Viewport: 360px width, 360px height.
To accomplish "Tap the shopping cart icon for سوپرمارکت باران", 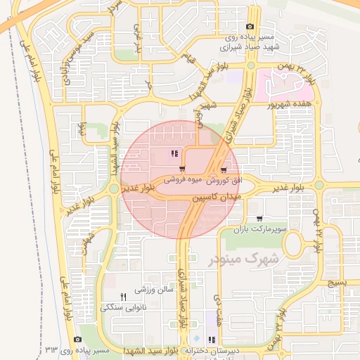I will (260, 219).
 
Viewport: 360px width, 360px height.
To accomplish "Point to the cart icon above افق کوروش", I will (224, 169).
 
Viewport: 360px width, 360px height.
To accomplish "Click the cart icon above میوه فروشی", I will (183, 169).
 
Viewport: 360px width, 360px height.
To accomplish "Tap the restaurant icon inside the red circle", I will (174, 154).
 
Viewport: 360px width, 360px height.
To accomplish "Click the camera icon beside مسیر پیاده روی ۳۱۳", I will (78, 340).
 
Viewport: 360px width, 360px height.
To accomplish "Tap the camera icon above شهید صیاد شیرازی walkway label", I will (250, 26).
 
